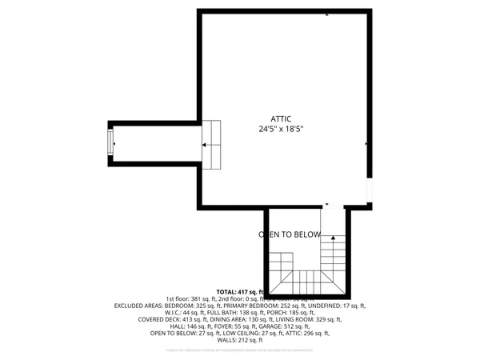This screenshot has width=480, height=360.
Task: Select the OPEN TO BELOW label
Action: coord(289,235)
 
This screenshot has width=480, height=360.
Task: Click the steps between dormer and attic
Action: coord(211,145)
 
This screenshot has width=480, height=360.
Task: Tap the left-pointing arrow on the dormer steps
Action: coord(205,145)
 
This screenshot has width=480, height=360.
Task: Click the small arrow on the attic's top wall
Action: coord(326,14)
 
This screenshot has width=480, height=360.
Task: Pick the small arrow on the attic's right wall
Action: coord(366,144)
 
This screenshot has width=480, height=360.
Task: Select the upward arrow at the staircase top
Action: coord(331,234)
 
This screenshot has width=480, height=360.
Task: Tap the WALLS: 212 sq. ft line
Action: coord(240,340)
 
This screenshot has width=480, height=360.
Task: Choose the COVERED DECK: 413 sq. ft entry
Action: coord(170,319)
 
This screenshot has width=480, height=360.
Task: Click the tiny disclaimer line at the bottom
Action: coord(240,350)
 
